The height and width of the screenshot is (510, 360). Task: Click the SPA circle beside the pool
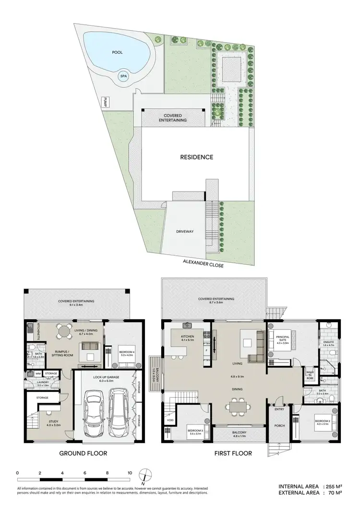[x=124, y=76]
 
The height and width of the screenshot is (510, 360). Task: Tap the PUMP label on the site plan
[x=104, y=102]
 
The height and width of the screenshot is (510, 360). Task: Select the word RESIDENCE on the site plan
[x=196, y=157]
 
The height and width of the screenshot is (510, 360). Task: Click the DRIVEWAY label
[x=185, y=231]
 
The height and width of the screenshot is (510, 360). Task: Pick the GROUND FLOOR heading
[x=83, y=453]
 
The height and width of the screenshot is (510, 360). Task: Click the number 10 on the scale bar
[x=130, y=473]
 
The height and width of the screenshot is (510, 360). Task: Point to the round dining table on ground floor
[x=64, y=330]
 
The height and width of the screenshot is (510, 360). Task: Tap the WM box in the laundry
[x=37, y=373]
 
